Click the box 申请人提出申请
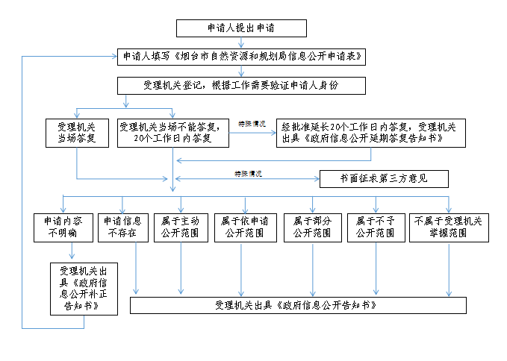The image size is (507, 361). tap(240, 28)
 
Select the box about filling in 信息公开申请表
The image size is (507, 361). tap(240, 57)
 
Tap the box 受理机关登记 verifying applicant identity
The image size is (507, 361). tap(240, 85)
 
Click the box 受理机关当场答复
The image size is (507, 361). tap(77, 133)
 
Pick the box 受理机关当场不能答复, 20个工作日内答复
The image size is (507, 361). tap(173, 133)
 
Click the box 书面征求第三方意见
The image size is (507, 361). tap(384, 179)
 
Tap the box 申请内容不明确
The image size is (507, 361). tap(63, 227)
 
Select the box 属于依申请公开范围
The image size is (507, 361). tap(243, 227)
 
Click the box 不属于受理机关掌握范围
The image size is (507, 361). tap(448, 227)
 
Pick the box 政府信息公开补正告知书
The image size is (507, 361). tap(84, 288)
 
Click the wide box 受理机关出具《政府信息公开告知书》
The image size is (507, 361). tap(298, 306)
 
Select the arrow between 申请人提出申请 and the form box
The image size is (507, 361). tap(240, 43)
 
